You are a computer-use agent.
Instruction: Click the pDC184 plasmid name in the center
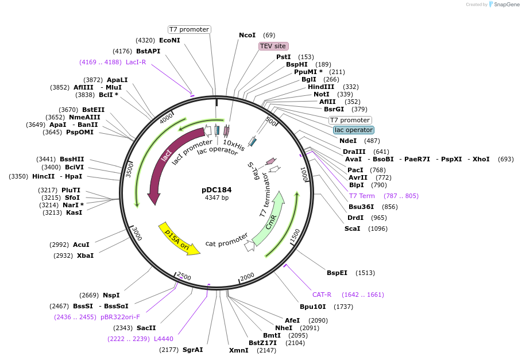[x=216, y=189]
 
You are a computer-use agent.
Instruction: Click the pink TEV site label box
[x=273, y=46]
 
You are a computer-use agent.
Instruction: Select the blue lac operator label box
[x=354, y=130]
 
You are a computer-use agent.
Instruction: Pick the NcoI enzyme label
[x=247, y=35]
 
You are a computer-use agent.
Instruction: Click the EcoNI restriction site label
[x=169, y=40]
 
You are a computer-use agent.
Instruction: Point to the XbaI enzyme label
[x=85, y=256]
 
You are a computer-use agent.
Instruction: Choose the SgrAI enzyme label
[x=192, y=350]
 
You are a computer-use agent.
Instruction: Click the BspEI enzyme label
[x=337, y=273]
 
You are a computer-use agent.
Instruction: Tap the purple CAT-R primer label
[x=322, y=295]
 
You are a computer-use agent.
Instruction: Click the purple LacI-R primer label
[x=136, y=62]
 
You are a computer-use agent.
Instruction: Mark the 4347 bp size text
[x=216, y=198]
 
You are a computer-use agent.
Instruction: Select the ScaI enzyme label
[x=352, y=229]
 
